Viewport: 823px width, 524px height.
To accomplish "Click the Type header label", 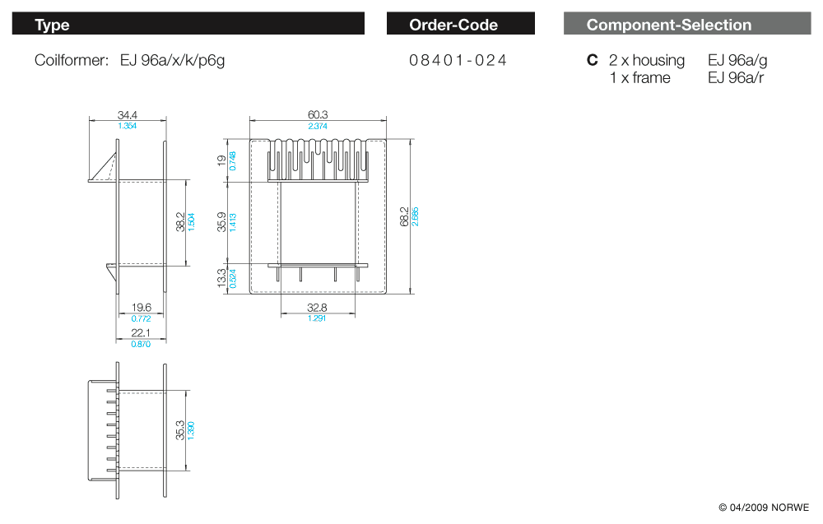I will tap(52, 25).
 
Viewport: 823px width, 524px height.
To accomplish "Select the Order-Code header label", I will tap(453, 25).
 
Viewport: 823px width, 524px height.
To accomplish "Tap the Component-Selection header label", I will tap(668, 25).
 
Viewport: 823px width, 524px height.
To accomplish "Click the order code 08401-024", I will tap(458, 60).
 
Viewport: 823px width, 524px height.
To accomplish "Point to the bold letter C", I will tap(592, 60).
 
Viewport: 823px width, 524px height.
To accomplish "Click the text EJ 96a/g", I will tap(737, 60).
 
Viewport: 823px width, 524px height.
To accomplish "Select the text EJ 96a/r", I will tap(736, 78).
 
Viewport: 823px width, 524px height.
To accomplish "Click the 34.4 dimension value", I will tap(128, 116).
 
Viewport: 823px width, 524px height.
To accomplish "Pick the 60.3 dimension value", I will tap(317, 116).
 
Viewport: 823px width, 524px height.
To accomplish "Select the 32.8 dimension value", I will tap(317, 308).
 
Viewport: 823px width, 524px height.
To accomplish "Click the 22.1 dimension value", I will tap(142, 333).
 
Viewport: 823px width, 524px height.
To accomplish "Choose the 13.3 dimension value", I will tap(221, 278).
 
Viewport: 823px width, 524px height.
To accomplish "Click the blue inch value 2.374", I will tap(317, 126).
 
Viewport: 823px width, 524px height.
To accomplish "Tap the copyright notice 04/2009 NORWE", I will tap(764, 507).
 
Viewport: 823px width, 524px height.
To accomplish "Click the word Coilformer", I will tap(71, 60).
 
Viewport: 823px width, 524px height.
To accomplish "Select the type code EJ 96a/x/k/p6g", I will tap(172, 60).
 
